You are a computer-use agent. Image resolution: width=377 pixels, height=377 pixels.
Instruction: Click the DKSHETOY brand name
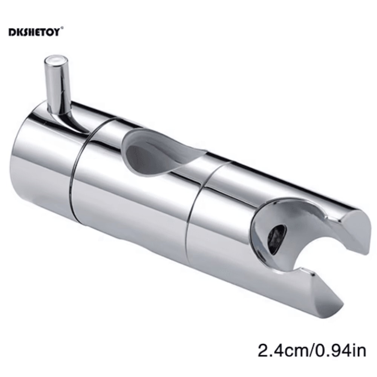pyautogui.click(x=34, y=32)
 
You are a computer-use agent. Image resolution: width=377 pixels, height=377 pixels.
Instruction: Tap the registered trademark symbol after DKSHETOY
pyautogui.click(x=62, y=28)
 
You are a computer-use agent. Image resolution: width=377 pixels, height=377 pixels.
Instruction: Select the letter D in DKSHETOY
pyautogui.click(x=11, y=32)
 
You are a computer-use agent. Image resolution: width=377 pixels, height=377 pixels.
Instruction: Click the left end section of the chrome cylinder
pyautogui.click(x=41, y=162)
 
